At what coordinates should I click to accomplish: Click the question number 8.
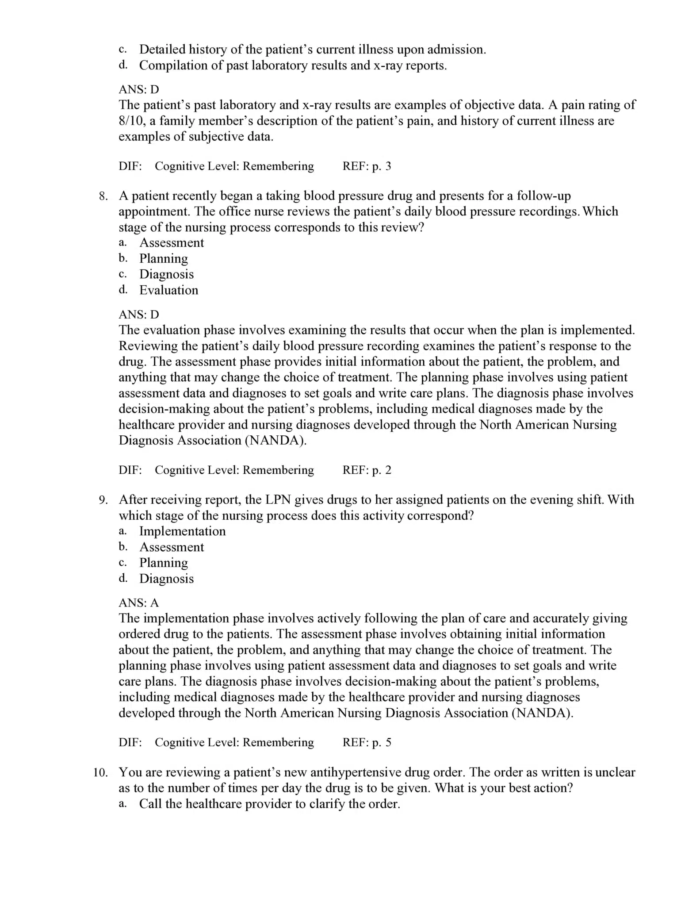point(103,196)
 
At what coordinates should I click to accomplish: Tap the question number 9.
point(103,500)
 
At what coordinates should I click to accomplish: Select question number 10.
point(100,772)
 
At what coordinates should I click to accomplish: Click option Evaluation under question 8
point(168,290)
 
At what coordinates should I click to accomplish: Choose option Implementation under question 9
point(182,531)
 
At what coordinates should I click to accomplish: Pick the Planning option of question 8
point(163,258)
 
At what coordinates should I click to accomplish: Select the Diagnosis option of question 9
point(166,579)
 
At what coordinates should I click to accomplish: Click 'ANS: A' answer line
point(138,603)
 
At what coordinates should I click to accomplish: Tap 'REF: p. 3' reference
point(367,166)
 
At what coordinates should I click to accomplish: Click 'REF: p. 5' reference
point(367,742)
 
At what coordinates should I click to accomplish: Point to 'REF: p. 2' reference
point(367,470)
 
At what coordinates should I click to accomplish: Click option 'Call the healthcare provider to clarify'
point(269,804)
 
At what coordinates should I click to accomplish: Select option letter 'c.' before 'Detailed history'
point(123,50)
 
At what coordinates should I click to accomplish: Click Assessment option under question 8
point(172,243)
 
